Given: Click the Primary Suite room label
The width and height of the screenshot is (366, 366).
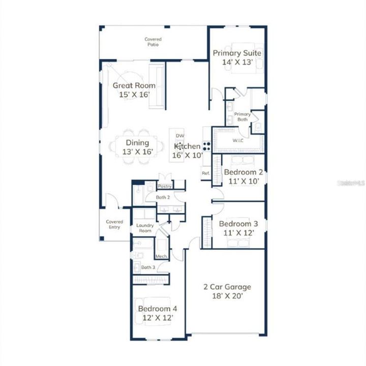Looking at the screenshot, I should tap(237, 53).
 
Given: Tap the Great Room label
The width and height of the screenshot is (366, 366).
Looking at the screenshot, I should tap(134, 85).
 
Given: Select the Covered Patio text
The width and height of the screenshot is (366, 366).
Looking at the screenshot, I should tap(153, 42).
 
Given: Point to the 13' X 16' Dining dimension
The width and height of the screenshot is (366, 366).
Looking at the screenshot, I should tap(138, 152).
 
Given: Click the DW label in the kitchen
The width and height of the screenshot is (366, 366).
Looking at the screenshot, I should tap(179, 136).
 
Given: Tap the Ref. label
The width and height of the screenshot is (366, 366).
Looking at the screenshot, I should tap(206, 173).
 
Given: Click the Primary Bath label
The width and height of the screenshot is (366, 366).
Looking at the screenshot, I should tap(242, 117).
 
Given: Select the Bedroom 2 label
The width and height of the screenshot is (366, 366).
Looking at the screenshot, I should tap(243, 172).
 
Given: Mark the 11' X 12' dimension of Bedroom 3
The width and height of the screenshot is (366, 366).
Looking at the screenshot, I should tap(238, 233).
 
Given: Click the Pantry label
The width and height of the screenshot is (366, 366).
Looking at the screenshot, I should tap(165, 187).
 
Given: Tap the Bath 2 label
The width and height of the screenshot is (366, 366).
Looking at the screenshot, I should tap(163, 197).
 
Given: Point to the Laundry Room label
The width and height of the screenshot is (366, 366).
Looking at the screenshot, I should tap(145, 228).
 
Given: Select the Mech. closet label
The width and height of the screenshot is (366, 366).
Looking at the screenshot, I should tap(162, 256).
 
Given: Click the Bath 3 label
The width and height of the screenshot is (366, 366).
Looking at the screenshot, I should tap(148, 267).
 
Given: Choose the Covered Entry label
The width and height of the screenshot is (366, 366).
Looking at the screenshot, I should tap(114, 224).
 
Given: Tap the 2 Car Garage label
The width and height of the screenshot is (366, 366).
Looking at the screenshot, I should tap(227, 287).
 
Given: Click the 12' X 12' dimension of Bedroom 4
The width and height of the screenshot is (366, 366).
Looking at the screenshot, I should tap(157, 317).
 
